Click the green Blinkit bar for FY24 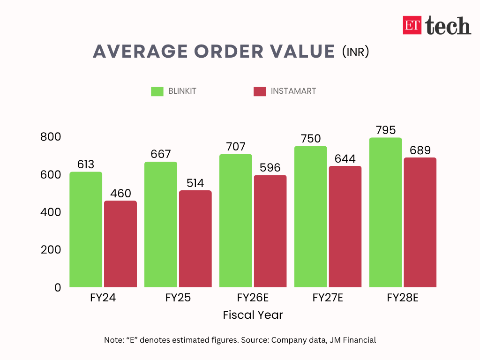point(86,229)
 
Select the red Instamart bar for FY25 point(195,239)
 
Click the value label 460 point(120,194)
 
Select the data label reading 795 point(385,130)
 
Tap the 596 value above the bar point(270,168)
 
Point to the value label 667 point(161,154)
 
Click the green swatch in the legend point(157,91)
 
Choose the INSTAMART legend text point(293,91)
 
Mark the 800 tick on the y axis point(50,137)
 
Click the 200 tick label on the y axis point(50,250)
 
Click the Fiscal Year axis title point(253,315)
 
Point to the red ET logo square point(412,25)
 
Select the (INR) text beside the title point(355,51)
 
